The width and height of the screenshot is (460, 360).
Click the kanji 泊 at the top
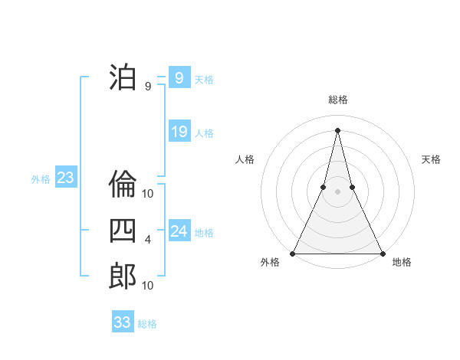coord(123,77)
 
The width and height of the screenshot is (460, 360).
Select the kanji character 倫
coord(123,185)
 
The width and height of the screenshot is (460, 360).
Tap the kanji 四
coord(123,230)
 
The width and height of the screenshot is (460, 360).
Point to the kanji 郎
coord(123,276)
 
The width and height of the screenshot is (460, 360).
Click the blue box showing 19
coord(179,132)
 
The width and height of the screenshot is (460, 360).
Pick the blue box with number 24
coord(179,231)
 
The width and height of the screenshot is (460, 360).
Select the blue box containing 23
coord(65,178)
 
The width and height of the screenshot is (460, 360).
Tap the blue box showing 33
coord(123,322)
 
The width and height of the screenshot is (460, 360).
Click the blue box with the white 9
coord(179,77)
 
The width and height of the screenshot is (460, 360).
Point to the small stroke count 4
coord(148,240)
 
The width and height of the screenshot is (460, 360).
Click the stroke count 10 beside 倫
coord(148,194)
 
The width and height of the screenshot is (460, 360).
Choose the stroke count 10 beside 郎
coord(148,286)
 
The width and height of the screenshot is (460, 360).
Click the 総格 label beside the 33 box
coord(147,324)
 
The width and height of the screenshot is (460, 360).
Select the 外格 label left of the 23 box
coord(41,179)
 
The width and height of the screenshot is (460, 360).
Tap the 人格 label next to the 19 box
coord(204,133)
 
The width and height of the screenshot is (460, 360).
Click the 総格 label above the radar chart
coord(337,100)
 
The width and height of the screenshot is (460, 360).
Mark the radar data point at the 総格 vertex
coord(337,129)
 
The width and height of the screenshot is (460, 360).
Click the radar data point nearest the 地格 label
coord(382,254)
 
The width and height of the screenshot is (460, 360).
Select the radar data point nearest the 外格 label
coord(293,254)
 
